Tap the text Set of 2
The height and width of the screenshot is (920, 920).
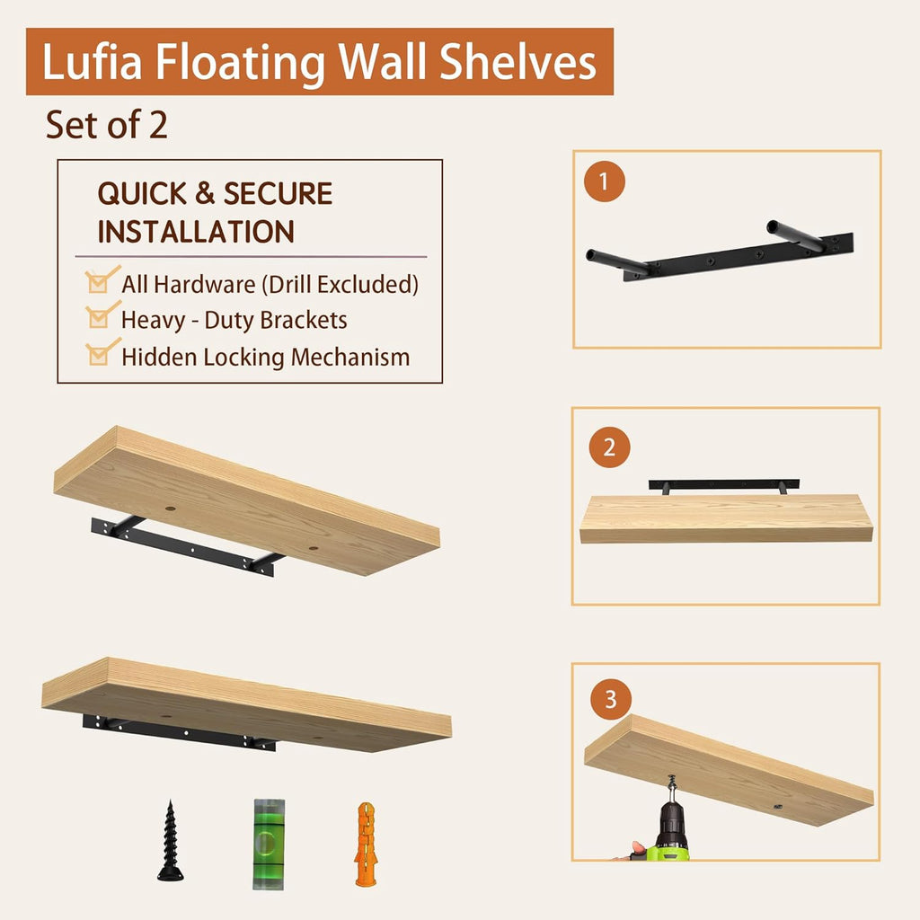click(x=106, y=125)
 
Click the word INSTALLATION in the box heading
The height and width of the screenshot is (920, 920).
click(x=196, y=232)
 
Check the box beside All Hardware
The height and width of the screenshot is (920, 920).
click(x=100, y=281)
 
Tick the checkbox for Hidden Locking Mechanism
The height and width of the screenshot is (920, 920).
click(x=100, y=353)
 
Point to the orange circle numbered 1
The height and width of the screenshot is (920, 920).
click(x=603, y=181)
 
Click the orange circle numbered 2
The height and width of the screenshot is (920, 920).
click(x=610, y=447)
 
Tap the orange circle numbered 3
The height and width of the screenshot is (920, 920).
click(x=611, y=700)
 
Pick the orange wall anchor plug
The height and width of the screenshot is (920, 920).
click(x=367, y=843)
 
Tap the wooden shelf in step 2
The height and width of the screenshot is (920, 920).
click(x=725, y=518)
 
